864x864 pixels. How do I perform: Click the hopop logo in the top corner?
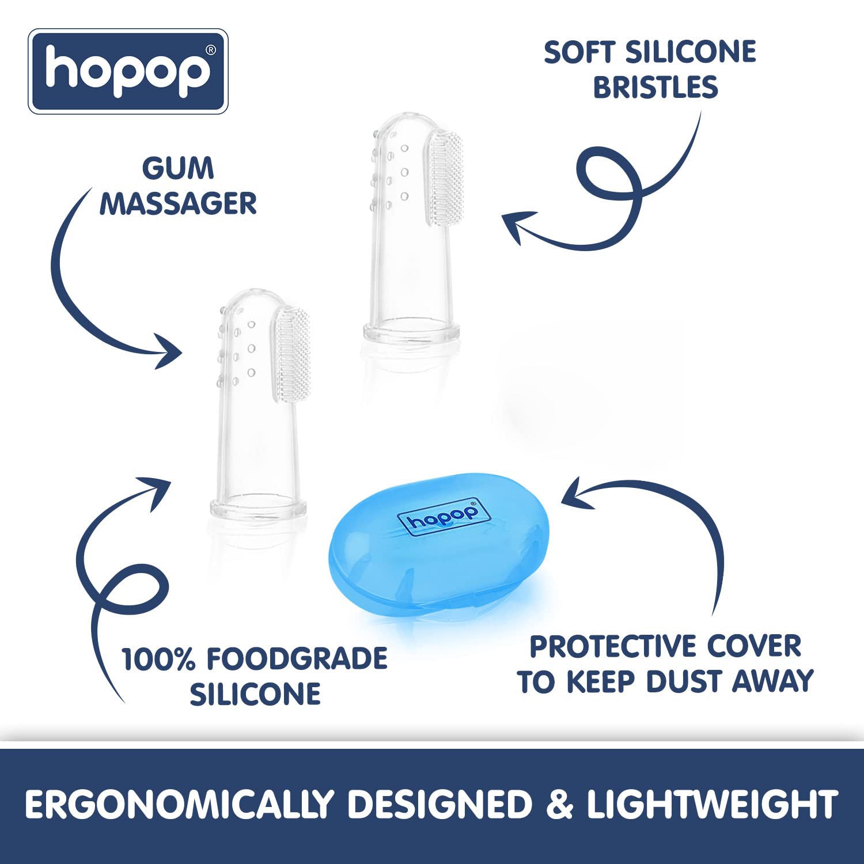point(128,71)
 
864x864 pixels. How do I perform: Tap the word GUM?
point(178,169)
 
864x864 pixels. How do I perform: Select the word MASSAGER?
point(178,204)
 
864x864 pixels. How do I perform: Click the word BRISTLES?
point(655,88)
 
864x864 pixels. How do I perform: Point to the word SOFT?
point(581,52)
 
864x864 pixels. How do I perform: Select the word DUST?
point(685,681)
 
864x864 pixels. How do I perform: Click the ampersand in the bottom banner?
point(559,804)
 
